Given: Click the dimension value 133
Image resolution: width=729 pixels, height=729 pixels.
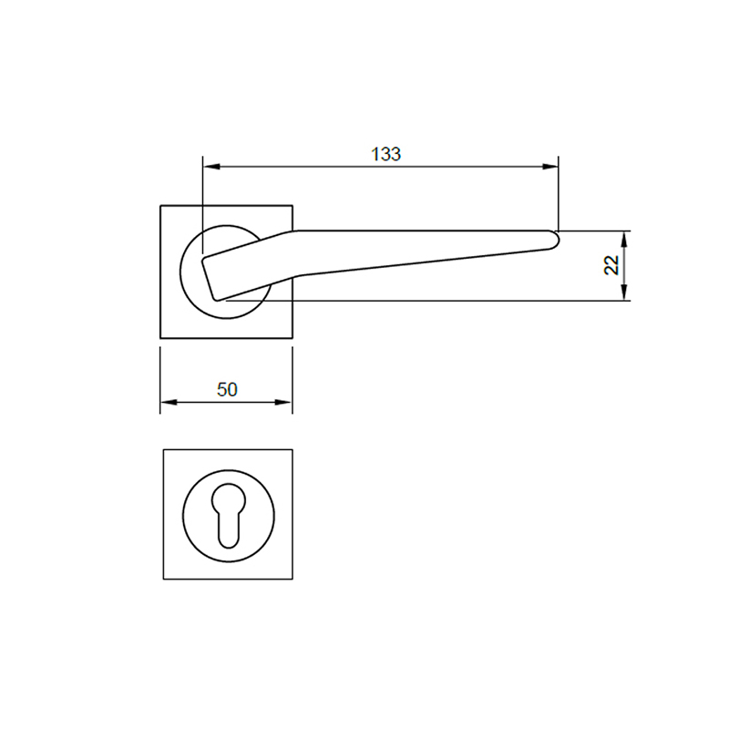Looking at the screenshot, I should (386, 154).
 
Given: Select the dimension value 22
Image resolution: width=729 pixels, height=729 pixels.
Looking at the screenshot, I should (611, 265).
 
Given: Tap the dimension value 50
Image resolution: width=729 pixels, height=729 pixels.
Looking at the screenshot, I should (227, 389).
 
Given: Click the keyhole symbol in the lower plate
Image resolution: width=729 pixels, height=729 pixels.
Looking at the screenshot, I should (228, 514).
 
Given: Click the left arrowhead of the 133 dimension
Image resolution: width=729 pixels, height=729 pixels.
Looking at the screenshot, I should (209, 167).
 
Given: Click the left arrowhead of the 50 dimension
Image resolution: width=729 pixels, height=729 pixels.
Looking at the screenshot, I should (167, 403).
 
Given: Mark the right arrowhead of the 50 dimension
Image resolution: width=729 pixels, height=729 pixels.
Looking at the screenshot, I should (287, 403).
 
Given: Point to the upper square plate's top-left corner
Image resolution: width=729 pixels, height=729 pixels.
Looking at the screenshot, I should (161, 206).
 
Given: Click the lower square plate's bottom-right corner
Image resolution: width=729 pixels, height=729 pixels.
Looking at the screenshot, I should (293, 579).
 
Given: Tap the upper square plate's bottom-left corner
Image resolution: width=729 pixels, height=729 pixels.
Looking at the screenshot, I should (161, 338).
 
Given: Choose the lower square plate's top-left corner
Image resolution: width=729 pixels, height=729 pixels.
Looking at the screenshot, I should (164, 449).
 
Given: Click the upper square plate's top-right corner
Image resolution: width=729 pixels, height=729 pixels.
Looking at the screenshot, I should (293, 206).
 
